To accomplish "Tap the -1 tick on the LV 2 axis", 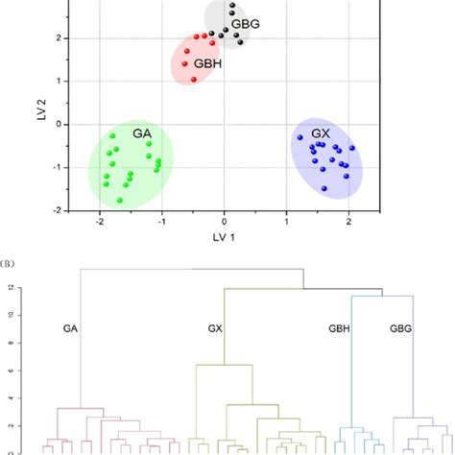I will (56, 167).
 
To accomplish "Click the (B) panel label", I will (9, 255).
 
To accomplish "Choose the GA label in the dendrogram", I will (70, 327).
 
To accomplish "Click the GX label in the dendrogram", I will (216, 327).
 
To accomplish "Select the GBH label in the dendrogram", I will (340, 327).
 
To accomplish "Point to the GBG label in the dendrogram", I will (398, 327).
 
